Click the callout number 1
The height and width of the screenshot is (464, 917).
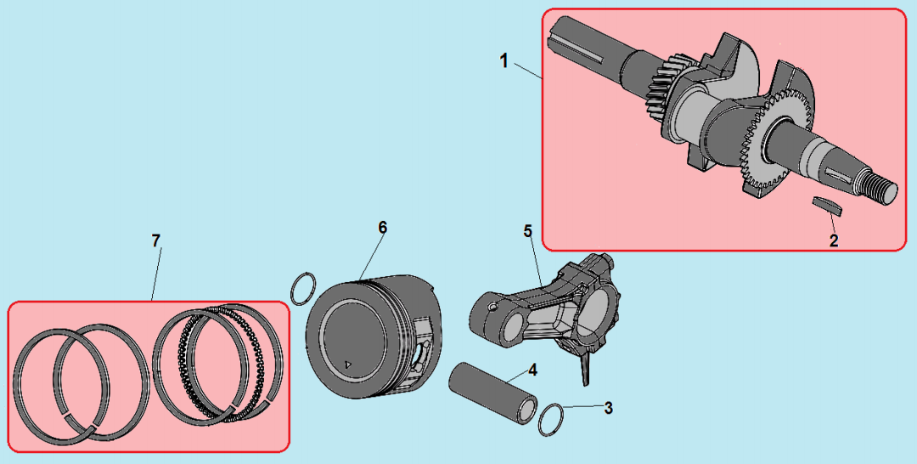coord(504,60)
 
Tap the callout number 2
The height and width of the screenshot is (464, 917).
coord(834,240)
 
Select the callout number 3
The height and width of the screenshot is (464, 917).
coord(608,408)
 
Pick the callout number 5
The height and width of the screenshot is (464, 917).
coord(528,230)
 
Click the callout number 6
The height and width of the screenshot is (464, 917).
coord(382,227)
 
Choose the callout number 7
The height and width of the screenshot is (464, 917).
coord(155,240)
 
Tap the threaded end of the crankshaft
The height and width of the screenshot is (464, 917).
coord(881,190)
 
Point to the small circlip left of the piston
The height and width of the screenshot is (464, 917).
coord(303,288)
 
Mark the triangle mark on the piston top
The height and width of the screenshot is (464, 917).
coord(349,364)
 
